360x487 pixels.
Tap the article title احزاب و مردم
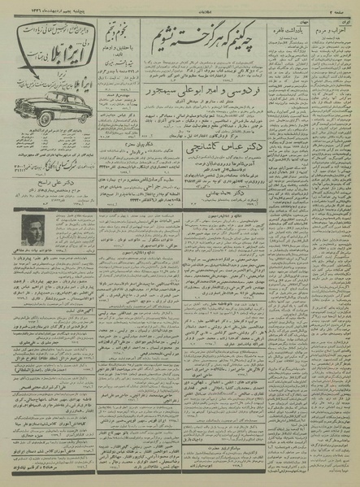[336, 25]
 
